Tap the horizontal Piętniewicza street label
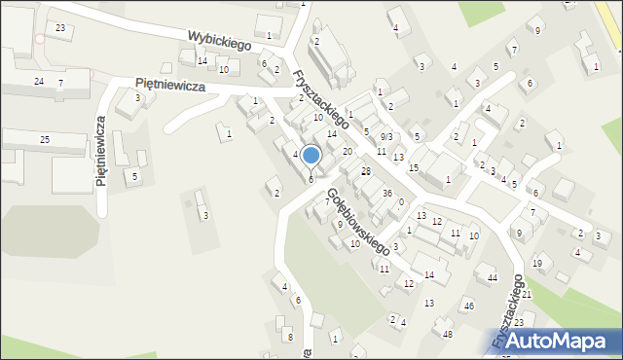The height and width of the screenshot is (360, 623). [170, 86]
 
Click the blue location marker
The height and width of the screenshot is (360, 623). [311, 156]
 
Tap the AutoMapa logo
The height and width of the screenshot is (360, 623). [566, 341]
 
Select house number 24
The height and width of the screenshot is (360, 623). [39, 81]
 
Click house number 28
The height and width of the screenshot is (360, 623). [366, 171]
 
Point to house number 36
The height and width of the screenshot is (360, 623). [386, 193]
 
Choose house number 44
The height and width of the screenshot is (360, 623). [493, 278]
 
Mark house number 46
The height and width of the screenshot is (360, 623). [468, 306]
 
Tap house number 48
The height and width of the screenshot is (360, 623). [448, 335]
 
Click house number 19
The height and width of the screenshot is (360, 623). [537, 264]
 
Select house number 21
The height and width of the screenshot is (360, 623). [527, 294]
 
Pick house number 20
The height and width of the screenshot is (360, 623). [347, 152]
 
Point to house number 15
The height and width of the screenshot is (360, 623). [414, 168]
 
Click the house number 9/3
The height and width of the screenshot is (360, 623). [386, 136]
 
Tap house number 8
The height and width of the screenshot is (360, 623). [289, 337]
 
